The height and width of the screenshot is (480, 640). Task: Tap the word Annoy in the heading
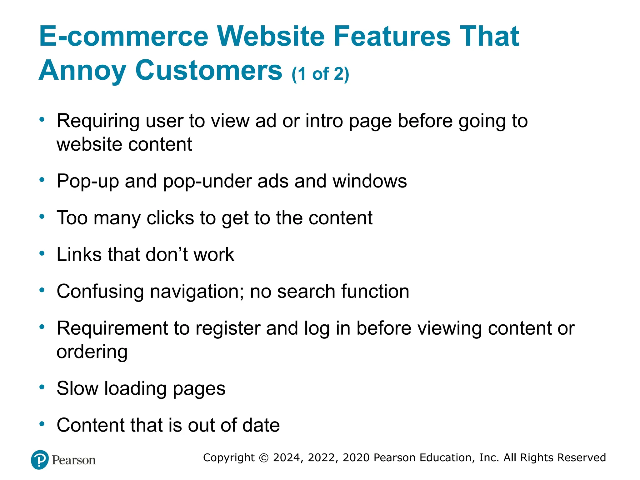tap(82, 71)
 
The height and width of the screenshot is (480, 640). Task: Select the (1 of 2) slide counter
tap(320, 74)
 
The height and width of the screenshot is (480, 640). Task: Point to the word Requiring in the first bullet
tap(98, 121)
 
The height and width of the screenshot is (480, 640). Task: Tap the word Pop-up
tap(87, 182)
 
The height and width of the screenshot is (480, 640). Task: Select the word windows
tap(369, 181)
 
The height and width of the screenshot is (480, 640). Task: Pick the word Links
tap(79, 254)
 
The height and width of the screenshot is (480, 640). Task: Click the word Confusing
tap(100, 292)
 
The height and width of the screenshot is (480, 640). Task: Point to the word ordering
tap(92, 352)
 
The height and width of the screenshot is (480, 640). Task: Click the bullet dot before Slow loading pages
tap(42, 387)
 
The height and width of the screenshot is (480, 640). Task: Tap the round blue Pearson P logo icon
tap(40, 460)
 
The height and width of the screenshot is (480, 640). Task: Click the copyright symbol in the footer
tap(264, 458)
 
